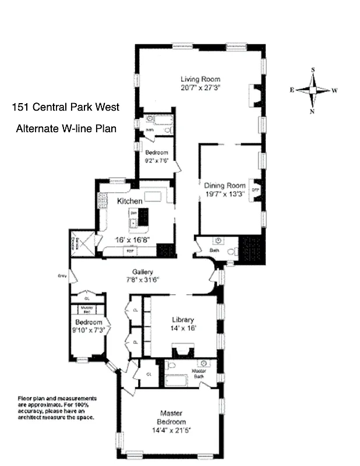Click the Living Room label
[x=200, y=79]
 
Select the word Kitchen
[x=129, y=201]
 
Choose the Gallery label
[x=142, y=271]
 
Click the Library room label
[x=182, y=319]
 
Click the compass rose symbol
[x=313, y=90]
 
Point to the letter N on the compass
[x=313, y=111]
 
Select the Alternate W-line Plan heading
[x=66, y=128]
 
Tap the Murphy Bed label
[x=87, y=308]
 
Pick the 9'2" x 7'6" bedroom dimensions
[x=156, y=161]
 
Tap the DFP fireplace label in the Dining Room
[x=255, y=190]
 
